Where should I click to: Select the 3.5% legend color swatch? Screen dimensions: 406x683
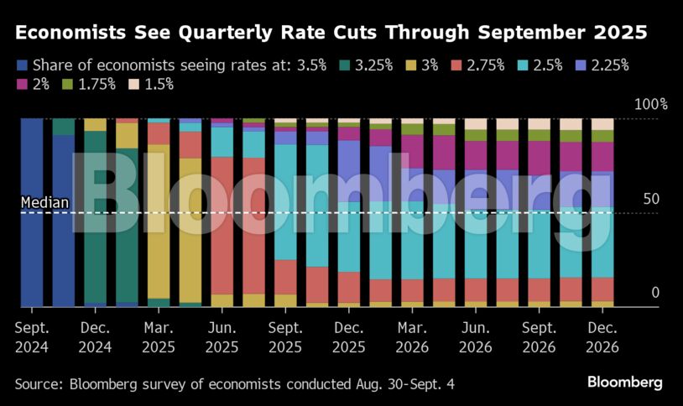coord(22,65)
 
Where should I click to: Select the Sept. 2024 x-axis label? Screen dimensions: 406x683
coord(32,336)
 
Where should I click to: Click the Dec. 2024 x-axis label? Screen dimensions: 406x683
coord(96,336)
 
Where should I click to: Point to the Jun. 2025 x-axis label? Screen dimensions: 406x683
coord(222,336)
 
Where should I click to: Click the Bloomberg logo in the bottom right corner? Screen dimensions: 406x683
coord(624,383)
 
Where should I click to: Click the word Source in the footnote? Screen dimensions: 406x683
coord(36,383)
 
